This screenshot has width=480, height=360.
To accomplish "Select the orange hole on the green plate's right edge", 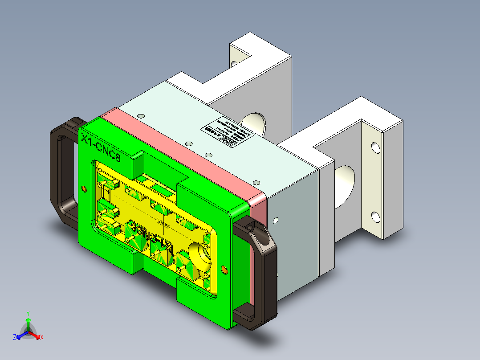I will [224, 270].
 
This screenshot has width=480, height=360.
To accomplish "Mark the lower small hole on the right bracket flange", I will [376, 217].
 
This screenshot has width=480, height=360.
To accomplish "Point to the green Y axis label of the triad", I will [28, 313].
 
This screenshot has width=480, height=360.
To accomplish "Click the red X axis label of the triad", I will [42, 337].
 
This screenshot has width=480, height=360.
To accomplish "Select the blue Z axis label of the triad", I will [15, 337].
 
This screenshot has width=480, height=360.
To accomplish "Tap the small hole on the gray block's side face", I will [276, 220].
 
